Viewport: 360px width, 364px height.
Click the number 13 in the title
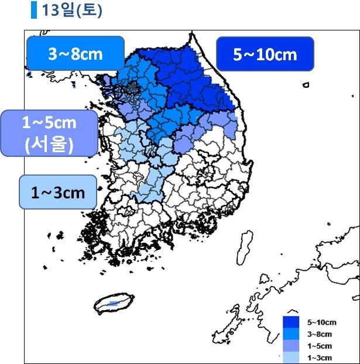pyautogui.click(x=50, y=11)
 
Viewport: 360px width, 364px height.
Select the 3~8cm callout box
pyautogui.click(x=76, y=54)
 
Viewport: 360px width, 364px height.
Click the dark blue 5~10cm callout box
pyautogui.click(x=265, y=54)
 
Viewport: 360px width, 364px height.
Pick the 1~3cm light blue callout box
pyautogui.click(x=58, y=191)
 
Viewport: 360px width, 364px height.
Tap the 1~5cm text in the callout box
pyautogui.click(x=49, y=124)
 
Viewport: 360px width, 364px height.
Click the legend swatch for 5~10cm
pyautogui.click(x=291, y=322)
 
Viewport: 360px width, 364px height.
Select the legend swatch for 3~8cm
pyautogui.click(x=291, y=334)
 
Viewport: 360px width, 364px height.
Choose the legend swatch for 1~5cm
pyautogui.click(x=291, y=345)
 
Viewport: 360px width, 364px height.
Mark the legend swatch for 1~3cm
pyautogui.click(x=291, y=356)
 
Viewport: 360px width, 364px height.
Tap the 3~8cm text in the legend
pyautogui.click(x=320, y=334)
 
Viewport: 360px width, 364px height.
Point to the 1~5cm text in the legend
pyautogui.click(x=320, y=346)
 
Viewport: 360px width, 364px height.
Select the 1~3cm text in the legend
pyautogui.click(x=320, y=357)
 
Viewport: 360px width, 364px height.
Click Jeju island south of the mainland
pyautogui.click(x=117, y=303)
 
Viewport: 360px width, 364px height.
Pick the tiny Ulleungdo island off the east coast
pyautogui.click(x=306, y=85)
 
